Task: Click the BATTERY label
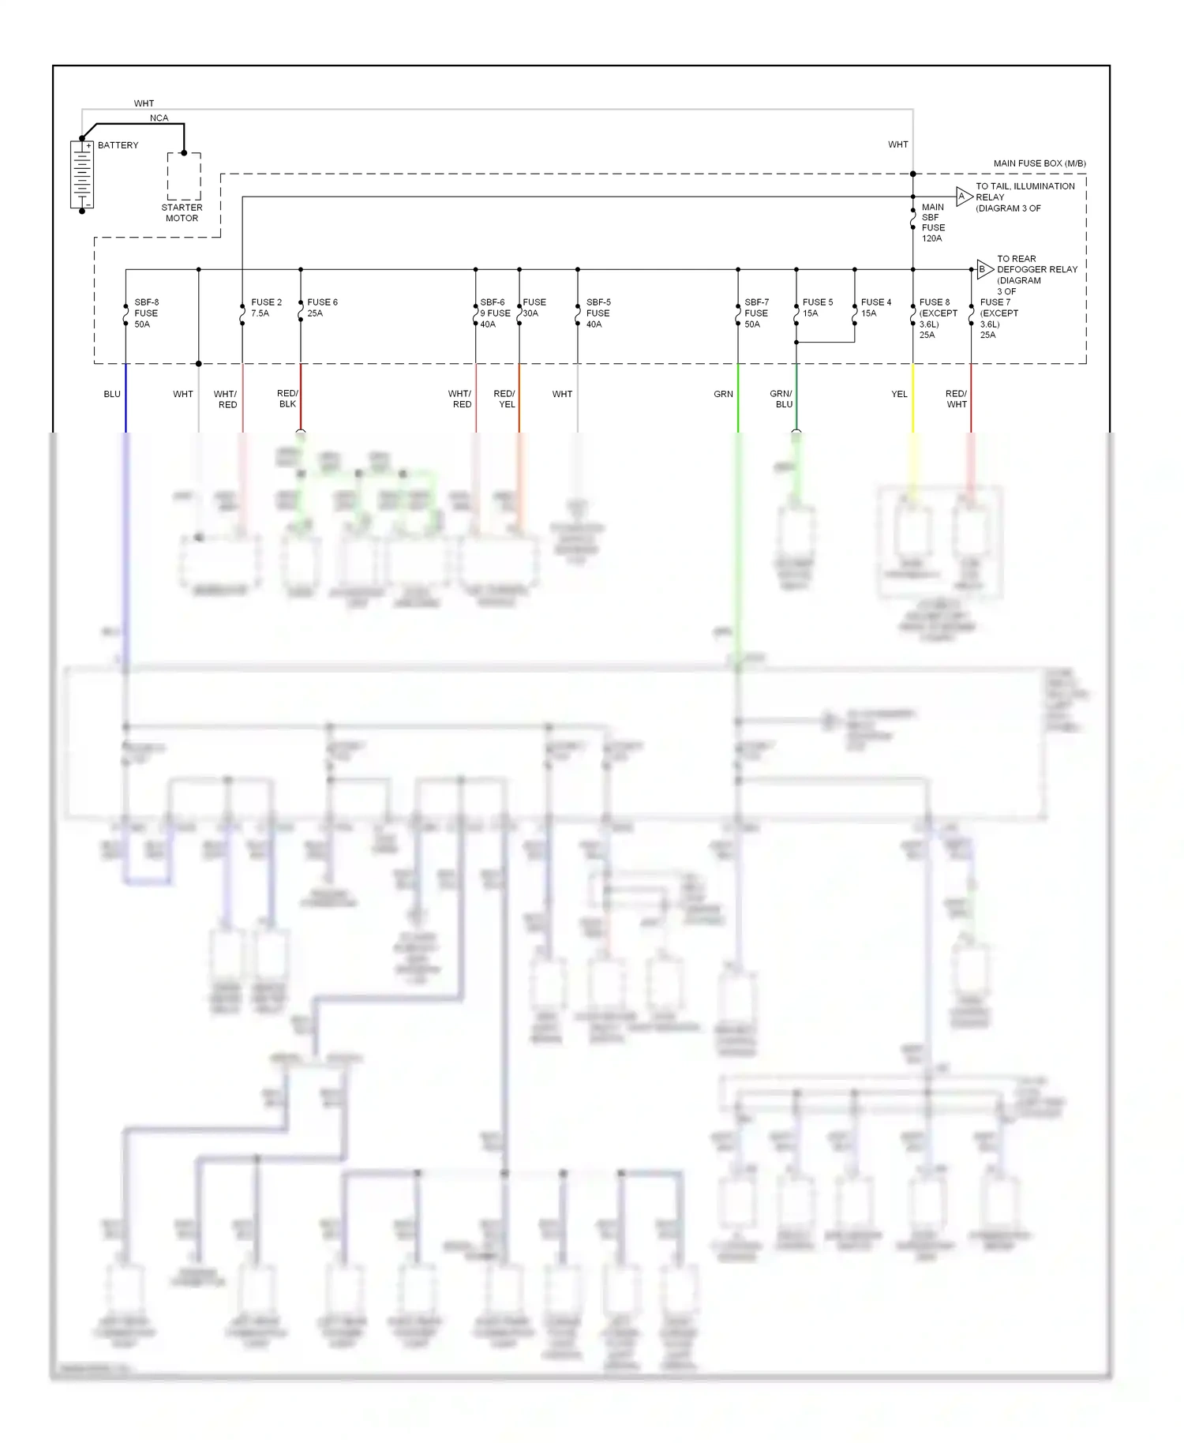[118, 145]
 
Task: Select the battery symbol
[82, 174]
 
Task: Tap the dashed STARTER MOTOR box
[184, 177]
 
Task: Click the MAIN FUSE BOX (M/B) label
[1039, 163]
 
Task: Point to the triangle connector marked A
[963, 197]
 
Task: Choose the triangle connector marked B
[984, 269]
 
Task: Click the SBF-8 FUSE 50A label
[146, 313]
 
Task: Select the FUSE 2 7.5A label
[266, 308]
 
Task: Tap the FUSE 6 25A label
[322, 308]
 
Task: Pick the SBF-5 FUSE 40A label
[598, 313]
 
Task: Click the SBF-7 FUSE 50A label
[756, 313]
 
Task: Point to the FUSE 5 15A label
[817, 308]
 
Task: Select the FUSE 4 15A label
[875, 308]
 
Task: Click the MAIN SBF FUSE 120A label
[933, 223]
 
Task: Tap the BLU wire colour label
[112, 394]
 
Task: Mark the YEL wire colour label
[899, 394]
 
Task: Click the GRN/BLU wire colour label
[781, 399]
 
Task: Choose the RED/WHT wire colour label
[957, 399]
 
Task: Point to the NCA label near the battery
[159, 118]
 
